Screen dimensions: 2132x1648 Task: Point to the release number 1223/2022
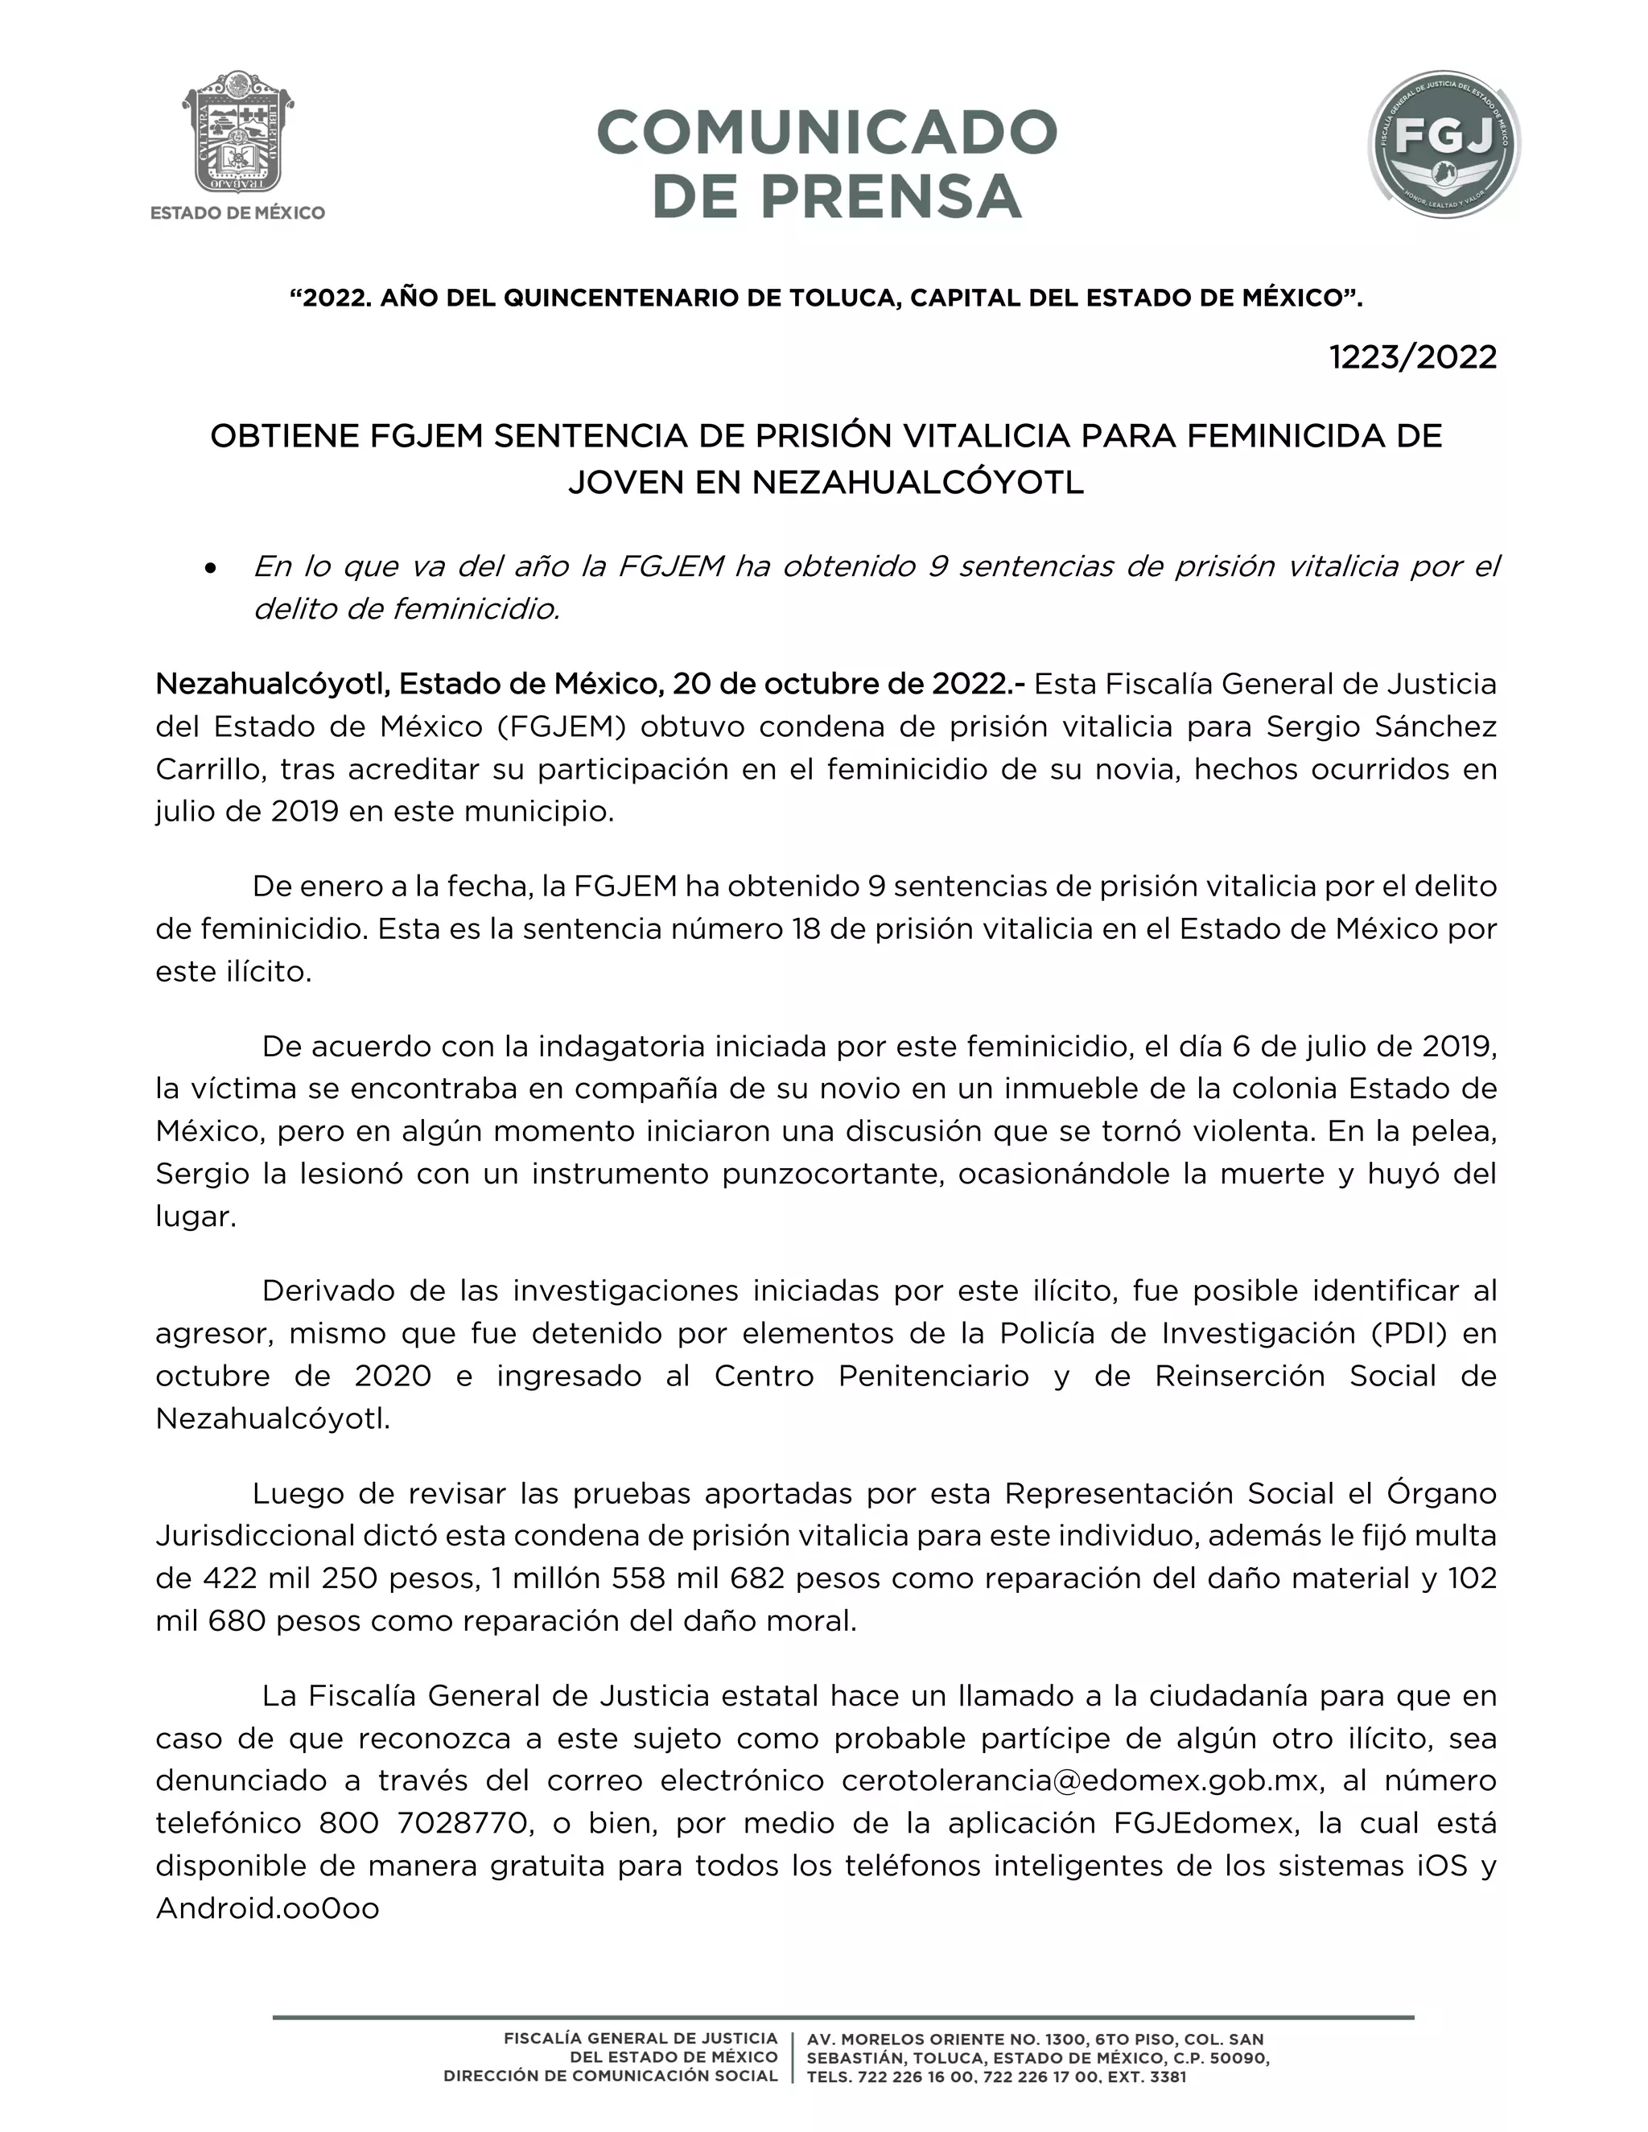1413,357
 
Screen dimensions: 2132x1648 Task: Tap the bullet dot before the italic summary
210,568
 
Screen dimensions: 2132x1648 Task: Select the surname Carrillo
210,769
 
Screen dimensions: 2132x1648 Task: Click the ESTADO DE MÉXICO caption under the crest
238,213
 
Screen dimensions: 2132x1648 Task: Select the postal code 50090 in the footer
1237,2058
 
